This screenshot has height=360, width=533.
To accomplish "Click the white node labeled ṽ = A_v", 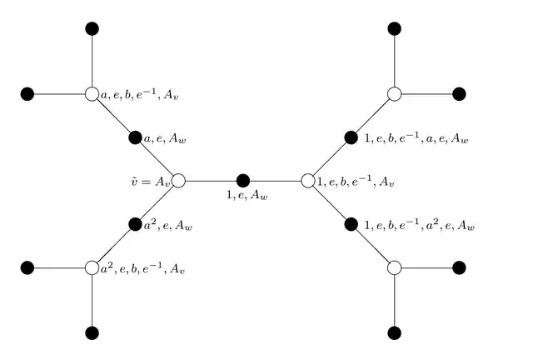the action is tap(178, 181).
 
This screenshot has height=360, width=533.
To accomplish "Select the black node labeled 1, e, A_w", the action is tap(243, 181).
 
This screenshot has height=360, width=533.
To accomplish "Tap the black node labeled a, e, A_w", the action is tap(135, 137).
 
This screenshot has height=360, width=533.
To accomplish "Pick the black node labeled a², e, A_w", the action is tap(135, 224).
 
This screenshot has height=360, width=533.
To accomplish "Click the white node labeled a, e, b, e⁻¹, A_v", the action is tap(92, 94).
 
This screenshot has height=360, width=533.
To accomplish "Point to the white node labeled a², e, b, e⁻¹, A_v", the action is tap(92, 267).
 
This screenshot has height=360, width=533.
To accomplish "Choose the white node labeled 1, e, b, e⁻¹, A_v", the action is tap(308, 181).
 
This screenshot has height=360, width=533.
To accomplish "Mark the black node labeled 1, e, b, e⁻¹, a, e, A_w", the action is tap(351, 137).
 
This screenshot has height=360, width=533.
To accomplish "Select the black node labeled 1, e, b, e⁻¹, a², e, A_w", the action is tap(351, 224).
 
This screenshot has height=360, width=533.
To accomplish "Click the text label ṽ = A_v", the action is tap(150, 182).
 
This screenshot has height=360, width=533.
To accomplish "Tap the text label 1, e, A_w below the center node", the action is tap(247, 195).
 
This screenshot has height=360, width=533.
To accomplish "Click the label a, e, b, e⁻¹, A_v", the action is tap(139, 95).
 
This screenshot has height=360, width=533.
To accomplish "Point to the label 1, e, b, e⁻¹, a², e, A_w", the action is tap(420, 225).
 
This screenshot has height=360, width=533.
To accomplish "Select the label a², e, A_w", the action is tap(168, 225).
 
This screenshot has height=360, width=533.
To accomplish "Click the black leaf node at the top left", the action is tap(92, 28).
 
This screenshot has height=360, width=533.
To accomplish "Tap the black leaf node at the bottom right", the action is tap(394, 332).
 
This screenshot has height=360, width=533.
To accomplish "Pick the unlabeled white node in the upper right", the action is tap(394, 94).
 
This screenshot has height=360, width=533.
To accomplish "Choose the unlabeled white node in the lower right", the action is tap(394, 267).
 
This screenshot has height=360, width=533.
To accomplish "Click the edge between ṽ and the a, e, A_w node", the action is tap(157, 159).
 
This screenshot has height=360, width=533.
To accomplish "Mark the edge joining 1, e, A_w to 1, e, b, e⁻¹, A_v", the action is tap(276, 181).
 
